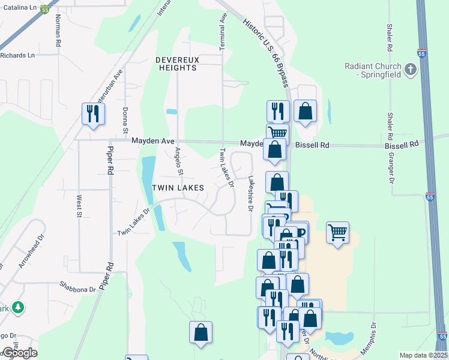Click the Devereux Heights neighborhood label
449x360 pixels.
(x=176, y=64)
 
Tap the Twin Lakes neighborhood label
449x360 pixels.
(x=178, y=188)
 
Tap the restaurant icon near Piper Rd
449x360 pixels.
(x=93, y=113)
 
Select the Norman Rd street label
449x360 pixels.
(x=58, y=31)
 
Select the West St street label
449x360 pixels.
(x=79, y=205)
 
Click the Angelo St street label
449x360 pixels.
(x=178, y=161)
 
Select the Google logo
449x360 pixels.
(x=19, y=353)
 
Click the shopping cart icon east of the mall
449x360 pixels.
(x=338, y=232)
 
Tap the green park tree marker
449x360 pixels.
(x=19, y=307)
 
